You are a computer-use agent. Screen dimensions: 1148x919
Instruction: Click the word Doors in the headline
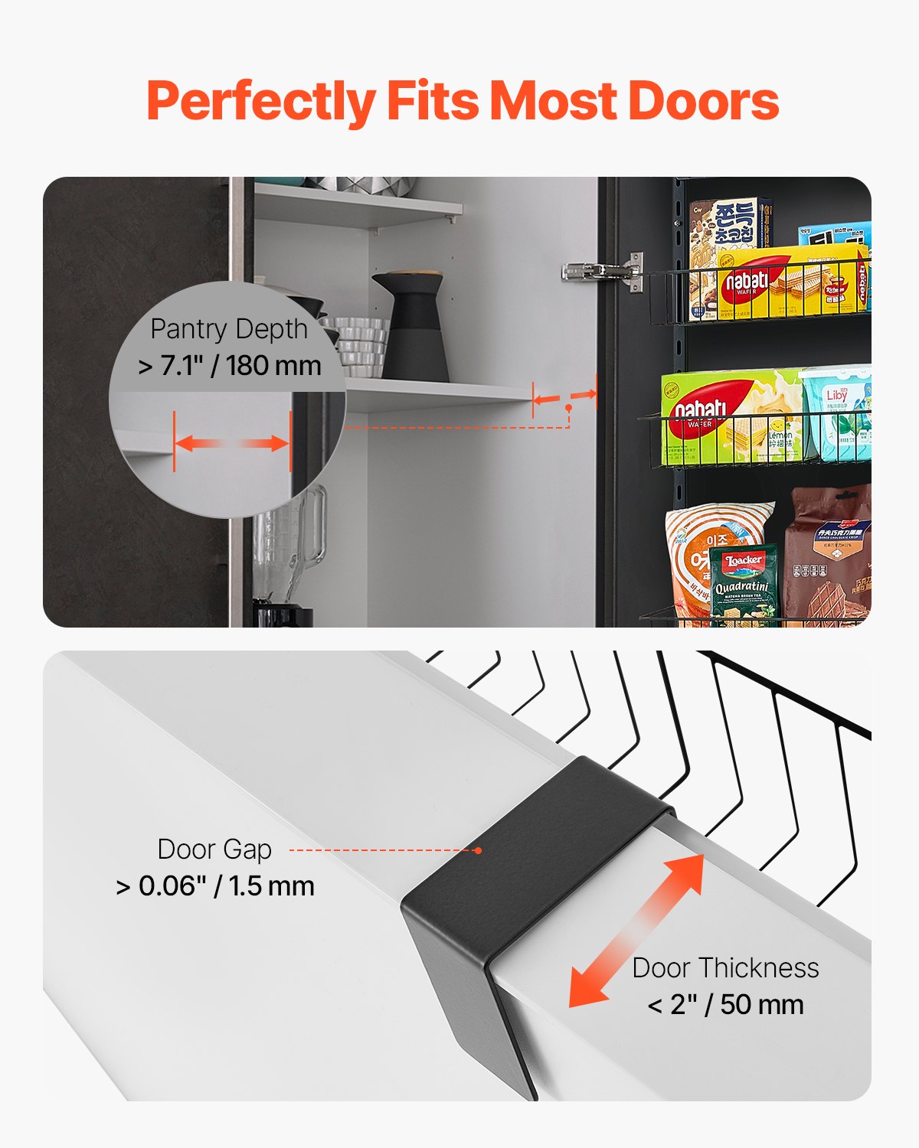coord(703,101)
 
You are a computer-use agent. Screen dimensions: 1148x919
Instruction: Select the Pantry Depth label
coord(228,329)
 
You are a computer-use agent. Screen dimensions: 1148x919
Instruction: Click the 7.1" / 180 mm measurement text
coord(230,366)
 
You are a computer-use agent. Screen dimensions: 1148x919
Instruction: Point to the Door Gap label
coord(214,850)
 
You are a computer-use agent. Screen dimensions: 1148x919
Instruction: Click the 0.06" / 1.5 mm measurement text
coord(215,886)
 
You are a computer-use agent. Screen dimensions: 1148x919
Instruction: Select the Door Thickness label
coord(725,968)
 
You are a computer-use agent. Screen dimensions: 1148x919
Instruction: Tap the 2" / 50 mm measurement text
coord(725,1004)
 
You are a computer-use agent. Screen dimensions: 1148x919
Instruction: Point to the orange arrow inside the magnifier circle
coord(231,443)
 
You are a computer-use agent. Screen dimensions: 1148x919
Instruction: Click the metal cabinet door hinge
coord(605,271)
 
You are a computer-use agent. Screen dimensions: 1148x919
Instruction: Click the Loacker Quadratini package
coord(743,582)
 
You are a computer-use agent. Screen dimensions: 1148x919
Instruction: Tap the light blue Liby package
coord(836,413)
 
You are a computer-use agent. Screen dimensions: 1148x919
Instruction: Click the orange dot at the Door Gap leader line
coord(478,850)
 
